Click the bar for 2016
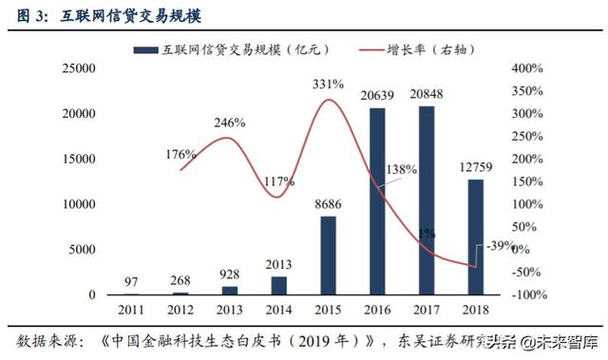point(377,201)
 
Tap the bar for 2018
point(475,237)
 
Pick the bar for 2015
point(328,256)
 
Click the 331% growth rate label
point(328,84)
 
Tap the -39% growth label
point(497,245)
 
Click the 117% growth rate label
point(278,180)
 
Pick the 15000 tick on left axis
point(79,160)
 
